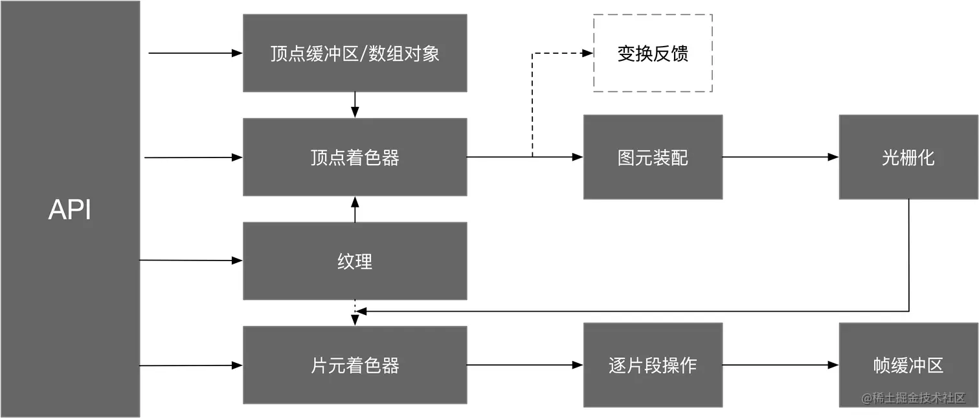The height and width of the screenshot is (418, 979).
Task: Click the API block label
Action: coord(70,210)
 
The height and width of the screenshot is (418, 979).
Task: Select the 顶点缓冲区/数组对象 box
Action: coord(355,53)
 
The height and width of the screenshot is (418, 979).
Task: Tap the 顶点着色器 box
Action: coord(355,157)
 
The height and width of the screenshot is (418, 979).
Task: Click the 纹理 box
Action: coord(355,261)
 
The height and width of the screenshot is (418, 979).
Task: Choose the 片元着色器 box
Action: coord(355,366)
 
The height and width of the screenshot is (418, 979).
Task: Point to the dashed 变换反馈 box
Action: coord(653,53)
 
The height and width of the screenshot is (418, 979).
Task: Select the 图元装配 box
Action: coord(653,157)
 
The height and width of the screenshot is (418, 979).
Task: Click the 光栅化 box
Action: coord(908,157)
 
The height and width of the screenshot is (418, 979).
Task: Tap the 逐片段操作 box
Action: coord(653,366)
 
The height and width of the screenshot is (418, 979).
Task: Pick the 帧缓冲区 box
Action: coord(908,366)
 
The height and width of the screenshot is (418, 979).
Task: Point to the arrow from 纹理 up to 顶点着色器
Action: coord(355,209)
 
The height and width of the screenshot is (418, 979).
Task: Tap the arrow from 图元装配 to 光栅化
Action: coord(780,157)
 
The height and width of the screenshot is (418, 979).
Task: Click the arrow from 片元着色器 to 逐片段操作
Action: coord(524,366)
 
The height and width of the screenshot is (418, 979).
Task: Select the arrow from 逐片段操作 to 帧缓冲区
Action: coord(780,366)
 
